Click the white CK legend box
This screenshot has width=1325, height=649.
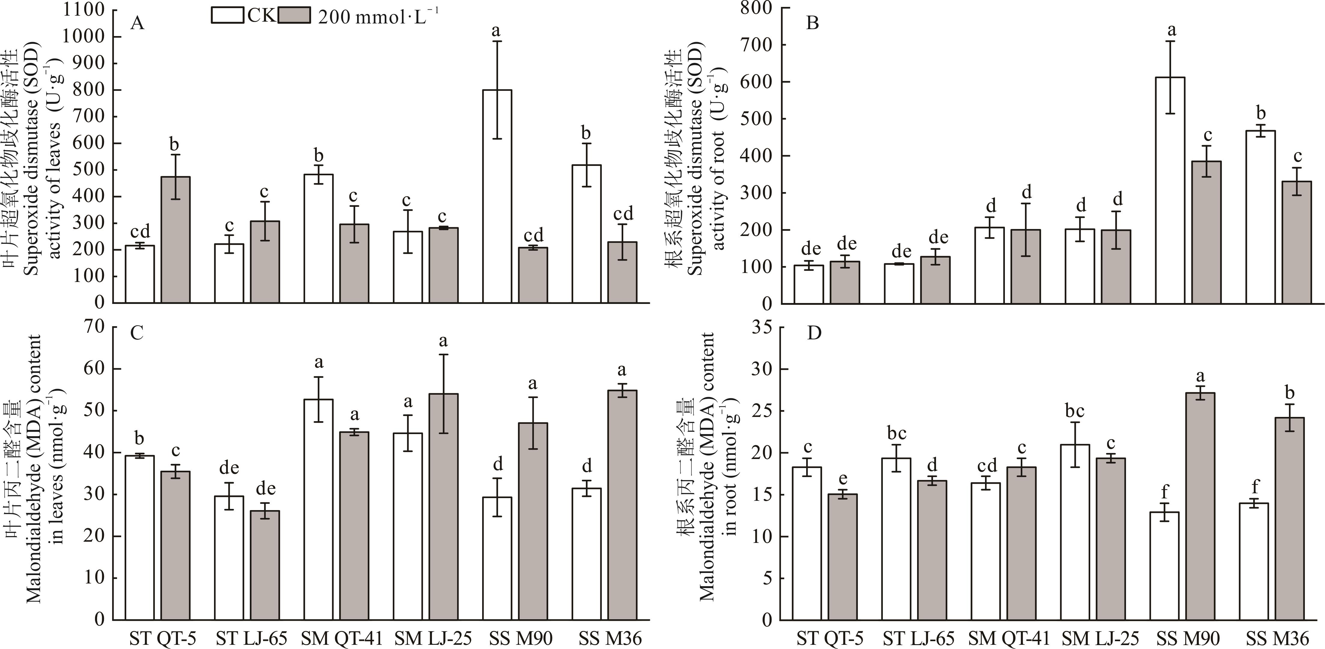[x=227, y=15]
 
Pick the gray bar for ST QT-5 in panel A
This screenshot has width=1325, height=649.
[x=176, y=239]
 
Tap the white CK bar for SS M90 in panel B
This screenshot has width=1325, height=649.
[x=1170, y=190]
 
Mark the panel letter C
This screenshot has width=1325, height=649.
[x=137, y=333]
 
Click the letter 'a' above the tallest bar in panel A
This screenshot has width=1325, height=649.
[x=496, y=31]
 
